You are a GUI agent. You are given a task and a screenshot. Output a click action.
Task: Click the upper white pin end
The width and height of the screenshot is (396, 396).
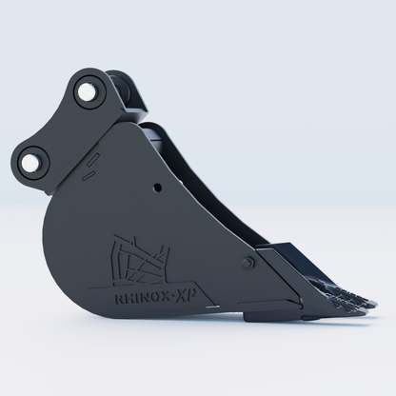[x=86, y=91]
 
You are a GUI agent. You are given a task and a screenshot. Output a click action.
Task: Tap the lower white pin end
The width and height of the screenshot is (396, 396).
[x=30, y=164]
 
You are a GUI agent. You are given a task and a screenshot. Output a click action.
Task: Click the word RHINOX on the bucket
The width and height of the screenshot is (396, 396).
[x=141, y=297]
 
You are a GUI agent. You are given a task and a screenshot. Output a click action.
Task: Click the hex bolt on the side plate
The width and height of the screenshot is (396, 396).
[x=247, y=264]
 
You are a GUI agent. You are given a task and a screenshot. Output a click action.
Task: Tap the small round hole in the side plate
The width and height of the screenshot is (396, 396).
[x=157, y=188]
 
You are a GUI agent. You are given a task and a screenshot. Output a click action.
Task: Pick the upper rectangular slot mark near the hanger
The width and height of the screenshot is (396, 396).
[x=93, y=159]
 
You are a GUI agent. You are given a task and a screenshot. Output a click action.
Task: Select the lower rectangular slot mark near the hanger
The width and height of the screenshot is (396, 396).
[x=89, y=174]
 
